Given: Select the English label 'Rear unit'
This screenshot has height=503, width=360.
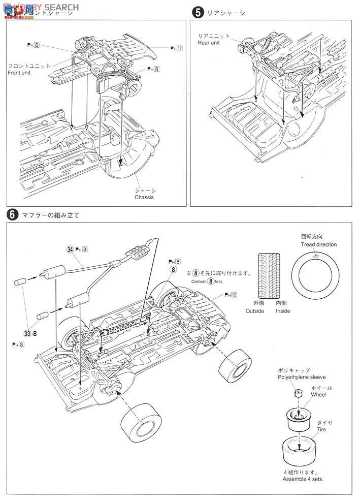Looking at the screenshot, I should pos(210,43).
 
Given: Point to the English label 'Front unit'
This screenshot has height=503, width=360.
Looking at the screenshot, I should pos(20,73).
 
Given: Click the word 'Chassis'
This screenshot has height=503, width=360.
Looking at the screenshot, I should pos(144,197).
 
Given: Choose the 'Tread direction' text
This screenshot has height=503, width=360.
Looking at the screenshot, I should pos(318,244).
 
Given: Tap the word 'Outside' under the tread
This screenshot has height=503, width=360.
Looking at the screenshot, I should pos(255,311).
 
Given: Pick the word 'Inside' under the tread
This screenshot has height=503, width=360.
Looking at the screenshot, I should pos(282,311).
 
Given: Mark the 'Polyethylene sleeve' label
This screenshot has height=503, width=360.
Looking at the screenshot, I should pos(301,378).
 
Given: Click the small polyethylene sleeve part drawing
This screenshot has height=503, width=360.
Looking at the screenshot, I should pos(298,394).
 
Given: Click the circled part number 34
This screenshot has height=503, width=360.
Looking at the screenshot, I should pos(70,249).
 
